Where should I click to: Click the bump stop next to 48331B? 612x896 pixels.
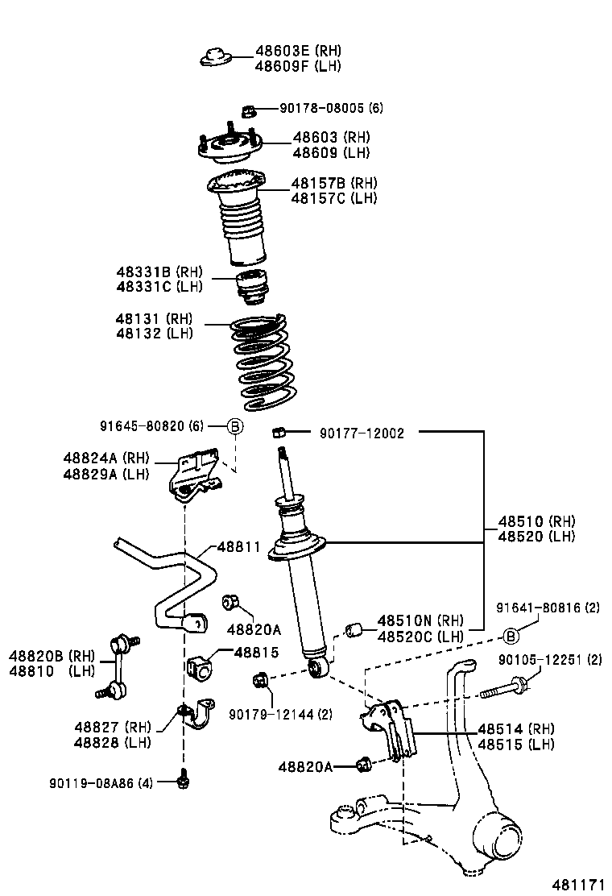253,289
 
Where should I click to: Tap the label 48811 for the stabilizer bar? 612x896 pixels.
238,546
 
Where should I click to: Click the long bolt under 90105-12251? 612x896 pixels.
502,689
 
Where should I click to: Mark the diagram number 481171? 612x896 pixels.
577,884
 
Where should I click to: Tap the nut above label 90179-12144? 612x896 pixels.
260,681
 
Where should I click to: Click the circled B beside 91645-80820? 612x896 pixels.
234,426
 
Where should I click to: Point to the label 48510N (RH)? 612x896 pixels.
421,620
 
